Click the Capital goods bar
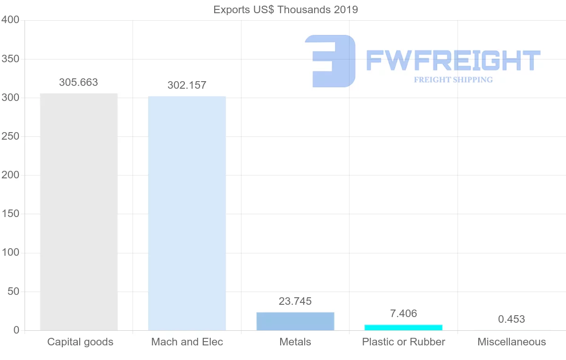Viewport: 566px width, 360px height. point(79,212)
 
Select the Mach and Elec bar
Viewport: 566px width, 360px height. point(187,213)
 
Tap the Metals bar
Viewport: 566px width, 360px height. point(295,321)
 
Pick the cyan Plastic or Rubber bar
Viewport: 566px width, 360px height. point(403,327)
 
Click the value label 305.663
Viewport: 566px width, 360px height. point(78,83)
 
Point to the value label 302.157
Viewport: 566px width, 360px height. point(187,85)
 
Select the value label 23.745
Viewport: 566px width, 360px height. point(295,301)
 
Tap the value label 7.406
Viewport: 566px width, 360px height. point(403,313)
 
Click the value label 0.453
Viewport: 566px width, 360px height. point(511,319)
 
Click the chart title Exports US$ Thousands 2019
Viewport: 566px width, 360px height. point(286,9)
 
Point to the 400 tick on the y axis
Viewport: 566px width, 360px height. point(10,20)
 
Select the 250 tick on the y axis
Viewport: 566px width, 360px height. point(10,136)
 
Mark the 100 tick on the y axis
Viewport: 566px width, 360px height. point(10,253)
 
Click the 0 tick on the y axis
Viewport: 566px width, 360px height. point(16,330)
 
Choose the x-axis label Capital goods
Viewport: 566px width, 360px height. point(80,342)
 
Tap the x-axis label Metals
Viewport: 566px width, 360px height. point(295,342)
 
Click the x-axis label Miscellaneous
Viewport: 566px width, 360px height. point(511,342)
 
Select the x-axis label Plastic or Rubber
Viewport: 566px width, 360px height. point(403,342)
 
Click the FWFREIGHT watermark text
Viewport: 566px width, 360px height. point(453,60)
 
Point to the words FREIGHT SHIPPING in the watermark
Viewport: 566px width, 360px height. point(453,80)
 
